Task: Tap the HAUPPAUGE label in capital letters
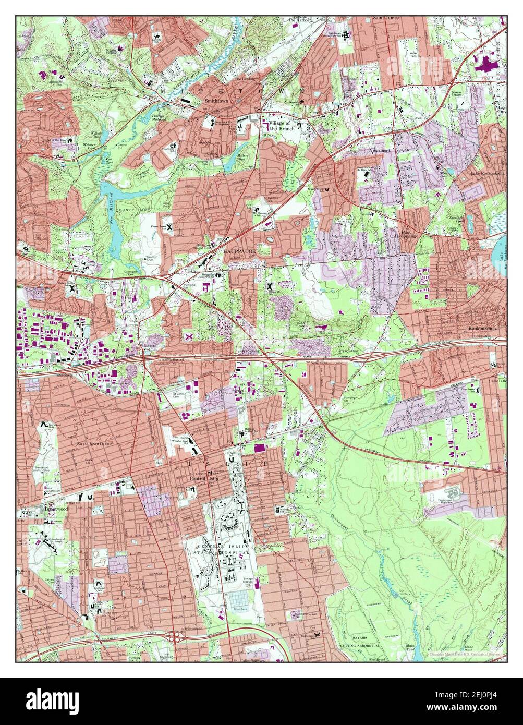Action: (240, 251)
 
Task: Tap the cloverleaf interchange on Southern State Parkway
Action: (175, 636)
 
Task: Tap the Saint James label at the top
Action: (386, 18)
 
